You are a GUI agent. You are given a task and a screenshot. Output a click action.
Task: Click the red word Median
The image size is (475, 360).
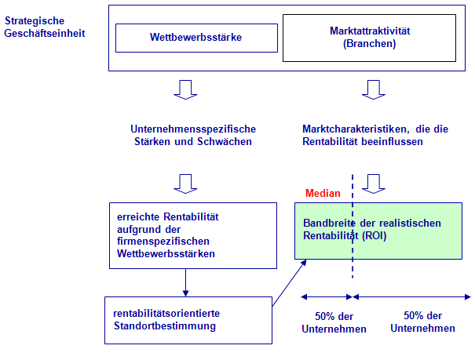pyautogui.click(x=323, y=193)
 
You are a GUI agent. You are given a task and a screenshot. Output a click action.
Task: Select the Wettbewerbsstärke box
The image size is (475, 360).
pyautogui.click(x=196, y=38)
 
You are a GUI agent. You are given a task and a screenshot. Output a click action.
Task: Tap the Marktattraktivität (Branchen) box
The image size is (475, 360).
pyautogui.click(x=369, y=38)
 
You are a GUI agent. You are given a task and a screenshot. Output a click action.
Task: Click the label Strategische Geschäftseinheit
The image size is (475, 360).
pyautogui.click(x=45, y=27)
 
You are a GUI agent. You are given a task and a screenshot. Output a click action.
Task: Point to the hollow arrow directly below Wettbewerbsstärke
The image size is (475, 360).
pyautogui.click(x=185, y=90)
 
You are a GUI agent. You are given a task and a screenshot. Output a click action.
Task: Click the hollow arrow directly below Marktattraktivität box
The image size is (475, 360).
pyautogui.click(x=374, y=90)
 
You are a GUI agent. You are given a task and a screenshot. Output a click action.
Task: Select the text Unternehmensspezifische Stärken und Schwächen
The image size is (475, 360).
pyautogui.click(x=193, y=135)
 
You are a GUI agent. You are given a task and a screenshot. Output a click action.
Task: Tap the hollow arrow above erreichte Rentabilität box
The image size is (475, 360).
pyautogui.click(x=185, y=184)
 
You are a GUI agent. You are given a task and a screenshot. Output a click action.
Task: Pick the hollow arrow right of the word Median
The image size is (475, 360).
pyautogui.click(x=374, y=184)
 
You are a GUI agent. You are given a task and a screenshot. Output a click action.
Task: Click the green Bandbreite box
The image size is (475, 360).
pyautogui.click(x=378, y=231)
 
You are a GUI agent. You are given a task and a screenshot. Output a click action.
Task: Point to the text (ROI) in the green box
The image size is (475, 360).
pyautogui.click(x=375, y=235)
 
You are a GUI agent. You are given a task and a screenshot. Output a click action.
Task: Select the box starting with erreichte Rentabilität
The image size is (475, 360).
pyautogui.click(x=193, y=235)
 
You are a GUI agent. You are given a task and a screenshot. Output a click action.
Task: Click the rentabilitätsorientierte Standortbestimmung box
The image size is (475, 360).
pyautogui.click(x=188, y=320)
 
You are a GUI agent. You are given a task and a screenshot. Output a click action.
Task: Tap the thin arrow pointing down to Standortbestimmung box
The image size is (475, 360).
pyautogui.click(x=186, y=282)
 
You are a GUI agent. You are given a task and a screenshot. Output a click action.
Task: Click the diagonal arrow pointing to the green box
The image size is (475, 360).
pyautogui.click(x=289, y=282)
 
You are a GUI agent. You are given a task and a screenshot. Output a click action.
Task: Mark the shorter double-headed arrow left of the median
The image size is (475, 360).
pyautogui.click(x=327, y=297)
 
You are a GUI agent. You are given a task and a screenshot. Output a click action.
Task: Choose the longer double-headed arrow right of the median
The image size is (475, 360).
pyautogui.click(x=412, y=297)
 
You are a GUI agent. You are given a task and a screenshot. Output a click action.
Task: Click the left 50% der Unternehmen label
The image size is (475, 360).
pyautogui.click(x=334, y=323)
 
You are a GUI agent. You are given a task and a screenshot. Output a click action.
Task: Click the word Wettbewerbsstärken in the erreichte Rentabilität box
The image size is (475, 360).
pyautogui.click(x=166, y=253)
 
